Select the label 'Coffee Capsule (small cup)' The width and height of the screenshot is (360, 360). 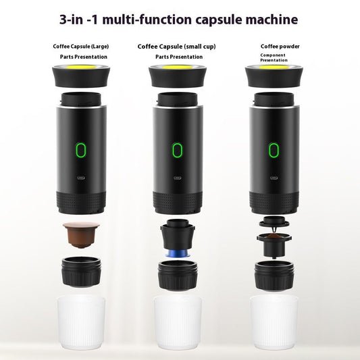pyautogui.click(x=176, y=47)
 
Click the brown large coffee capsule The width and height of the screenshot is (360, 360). pyautogui.click(x=81, y=233)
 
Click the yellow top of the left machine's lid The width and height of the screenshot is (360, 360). pyautogui.click(x=82, y=68)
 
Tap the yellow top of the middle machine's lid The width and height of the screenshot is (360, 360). pyautogui.click(x=178, y=68)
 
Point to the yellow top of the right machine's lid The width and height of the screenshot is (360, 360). pyautogui.click(x=274, y=68)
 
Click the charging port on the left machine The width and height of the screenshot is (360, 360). pyautogui.click(x=82, y=180)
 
